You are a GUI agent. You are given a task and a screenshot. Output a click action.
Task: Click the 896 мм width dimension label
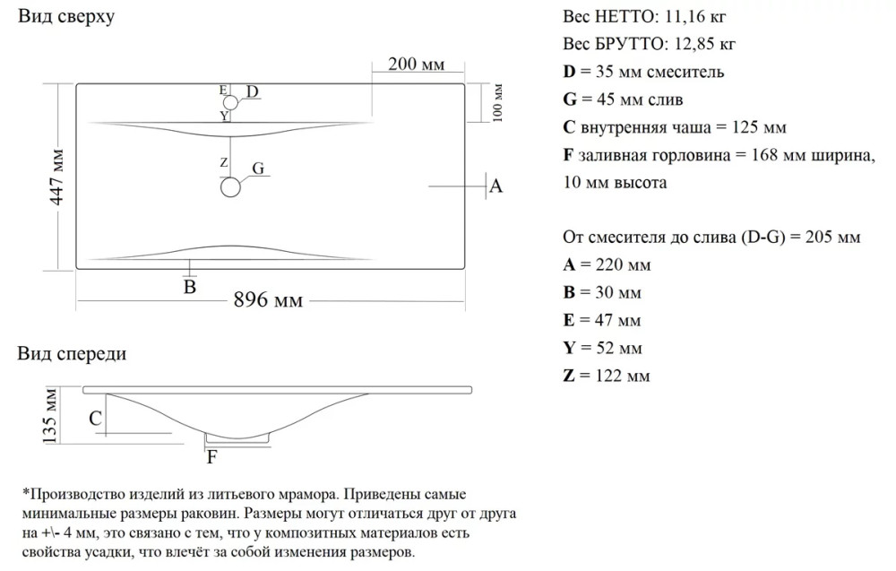pyautogui.click(x=268, y=300)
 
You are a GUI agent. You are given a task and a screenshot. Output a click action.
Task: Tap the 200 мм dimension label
pyautogui.click(x=417, y=64)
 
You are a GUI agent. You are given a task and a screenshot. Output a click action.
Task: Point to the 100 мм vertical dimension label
pyautogui.click(x=498, y=102)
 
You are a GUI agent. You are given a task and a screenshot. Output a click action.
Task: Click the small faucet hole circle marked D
pyautogui.click(x=230, y=102)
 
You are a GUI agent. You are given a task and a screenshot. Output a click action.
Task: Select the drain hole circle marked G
pyautogui.click(x=231, y=187)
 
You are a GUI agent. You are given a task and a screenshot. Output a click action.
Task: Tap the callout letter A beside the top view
pyautogui.click(x=495, y=186)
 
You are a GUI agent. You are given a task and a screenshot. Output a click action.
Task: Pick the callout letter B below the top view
pyautogui.click(x=190, y=287)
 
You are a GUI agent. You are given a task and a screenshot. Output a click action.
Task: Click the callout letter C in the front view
pyautogui.click(x=95, y=418)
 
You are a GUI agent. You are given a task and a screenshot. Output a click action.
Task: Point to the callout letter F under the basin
pyautogui.click(x=211, y=457)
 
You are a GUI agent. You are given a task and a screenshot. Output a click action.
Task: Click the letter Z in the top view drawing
pyautogui.click(x=224, y=162)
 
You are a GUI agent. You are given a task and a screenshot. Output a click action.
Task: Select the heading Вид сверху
pyautogui.click(x=65, y=17)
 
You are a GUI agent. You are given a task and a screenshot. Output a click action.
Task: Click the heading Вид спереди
pyautogui.click(x=72, y=353)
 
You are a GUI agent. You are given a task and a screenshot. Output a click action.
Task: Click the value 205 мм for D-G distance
pyautogui.click(x=832, y=238)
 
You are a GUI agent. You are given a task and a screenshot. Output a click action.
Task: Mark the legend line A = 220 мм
pyautogui.click(x=607, y=265)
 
